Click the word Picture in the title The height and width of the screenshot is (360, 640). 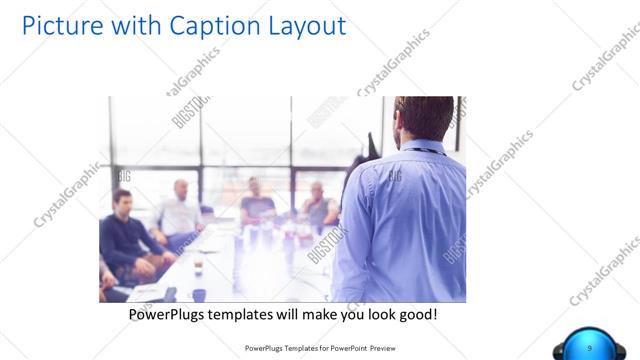pyautogui.click(x=59, y=25)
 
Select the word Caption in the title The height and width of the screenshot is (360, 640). pyautogui.click(x=205, y=25)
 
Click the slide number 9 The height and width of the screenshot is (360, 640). pyautogui.click(x=589, y=347)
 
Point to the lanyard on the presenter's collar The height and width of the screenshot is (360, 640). pyautogui.click(x=420, y=149)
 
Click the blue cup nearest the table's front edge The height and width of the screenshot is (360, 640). pyautogui.click(x=198, y=294)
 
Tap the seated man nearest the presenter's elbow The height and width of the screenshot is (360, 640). pyautogui.click(x=319, y=205)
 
